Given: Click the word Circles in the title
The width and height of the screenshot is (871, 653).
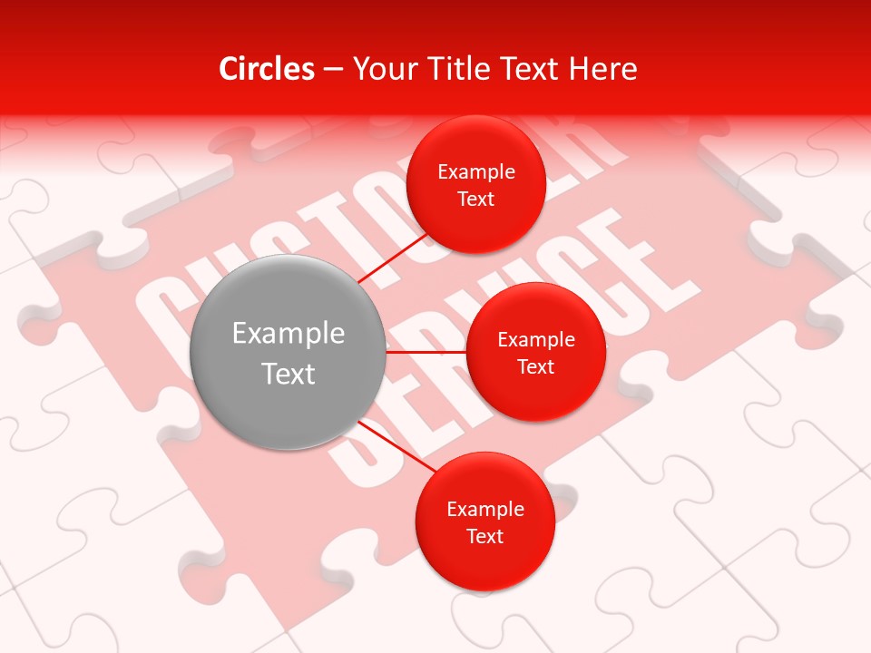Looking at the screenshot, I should coord(267,69).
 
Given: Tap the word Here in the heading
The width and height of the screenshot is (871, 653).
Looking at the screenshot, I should coord(603,69).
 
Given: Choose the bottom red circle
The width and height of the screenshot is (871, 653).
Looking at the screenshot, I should coord(485,562).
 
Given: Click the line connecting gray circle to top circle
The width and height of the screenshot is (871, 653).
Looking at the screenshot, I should coord(394,258).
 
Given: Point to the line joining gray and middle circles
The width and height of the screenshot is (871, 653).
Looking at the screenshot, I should coord(426,351).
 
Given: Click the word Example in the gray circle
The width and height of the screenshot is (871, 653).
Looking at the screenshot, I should coord(289,334).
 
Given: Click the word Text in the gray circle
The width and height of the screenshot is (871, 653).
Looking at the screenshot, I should coord(289,374).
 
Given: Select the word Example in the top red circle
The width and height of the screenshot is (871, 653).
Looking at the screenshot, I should coord(476,172).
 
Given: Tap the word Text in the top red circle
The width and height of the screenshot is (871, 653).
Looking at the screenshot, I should coord(476,199).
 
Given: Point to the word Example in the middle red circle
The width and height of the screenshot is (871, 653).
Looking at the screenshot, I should coord(536,340).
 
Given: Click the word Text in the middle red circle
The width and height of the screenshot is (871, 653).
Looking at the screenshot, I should coord(536,366).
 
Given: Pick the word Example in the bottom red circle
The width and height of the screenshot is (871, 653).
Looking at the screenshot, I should coord(485,510).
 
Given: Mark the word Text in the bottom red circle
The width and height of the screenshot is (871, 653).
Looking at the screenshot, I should coord(485,536).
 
